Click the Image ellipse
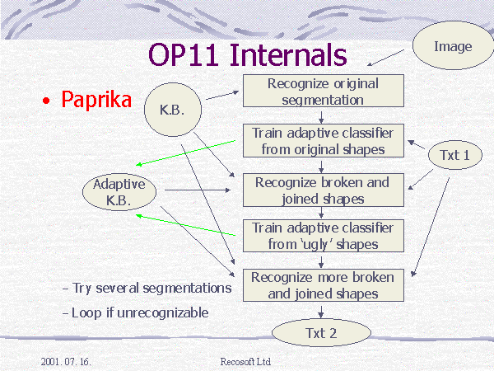pyautogui.click(x=454, y=45)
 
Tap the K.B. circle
pyautogui.click(x=173, y=110)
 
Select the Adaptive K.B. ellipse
pyautogui.click(x=119, y=192)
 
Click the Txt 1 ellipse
pyautogui.click(x=455, y=155)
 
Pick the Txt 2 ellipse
pyautogui.click(x=321, y=333)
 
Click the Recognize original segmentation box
pyautogui.click(x=324, y=91)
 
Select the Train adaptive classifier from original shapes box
pyautogui.click(x=324, y=141)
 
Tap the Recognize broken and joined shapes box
pyautogui.click(x=324, y=190)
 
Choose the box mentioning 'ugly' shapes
pyautogui.click(x=324, y=236)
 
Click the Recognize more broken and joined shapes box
pyautogui.click(x=324, y=285)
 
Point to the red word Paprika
pyautogui.click(x=96, y=101)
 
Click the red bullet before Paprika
pyautogui.click(x=46, y=101)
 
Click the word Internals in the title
pyautogui.click(x=288, y=55)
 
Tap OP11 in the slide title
pyautogui.click(x=184, y=55)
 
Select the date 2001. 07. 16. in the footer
pyautogui.click(x=66, y=362)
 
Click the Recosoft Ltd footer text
pyautogui.click(x=245, y=362)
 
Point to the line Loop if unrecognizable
pyautogui.click(x=136, y=312)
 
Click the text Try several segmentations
pyautogui.click(x=147, y=289)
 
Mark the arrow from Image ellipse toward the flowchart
pyautogui.click(x=385, y=58)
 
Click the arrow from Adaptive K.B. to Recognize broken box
pyautogui.click(x=198, y=190)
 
